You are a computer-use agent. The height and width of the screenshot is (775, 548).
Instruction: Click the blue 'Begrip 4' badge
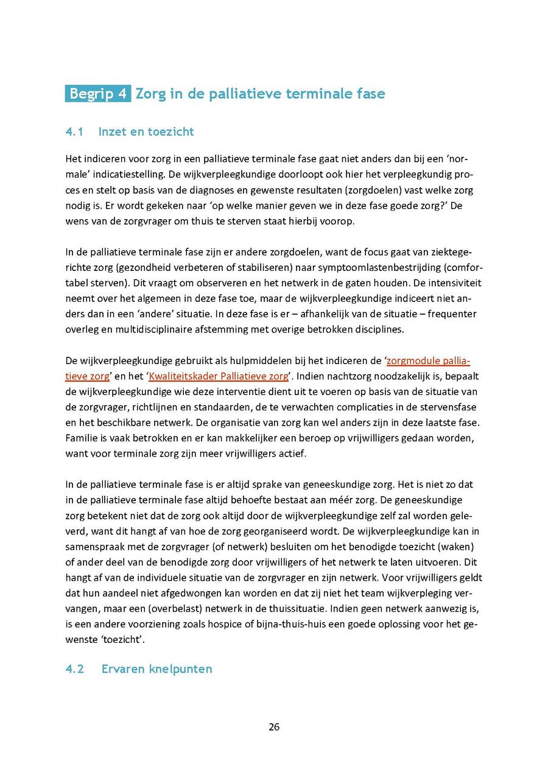point(97,94)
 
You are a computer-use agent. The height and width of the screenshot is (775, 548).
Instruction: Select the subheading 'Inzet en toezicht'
point(146,132)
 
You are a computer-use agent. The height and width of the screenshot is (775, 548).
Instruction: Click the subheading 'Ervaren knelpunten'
point(157,669)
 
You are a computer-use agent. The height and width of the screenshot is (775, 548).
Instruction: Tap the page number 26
point(274,727)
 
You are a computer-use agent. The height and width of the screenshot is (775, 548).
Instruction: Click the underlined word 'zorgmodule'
point(412,360)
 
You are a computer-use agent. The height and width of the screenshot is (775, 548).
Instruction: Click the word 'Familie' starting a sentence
point(81,438)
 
